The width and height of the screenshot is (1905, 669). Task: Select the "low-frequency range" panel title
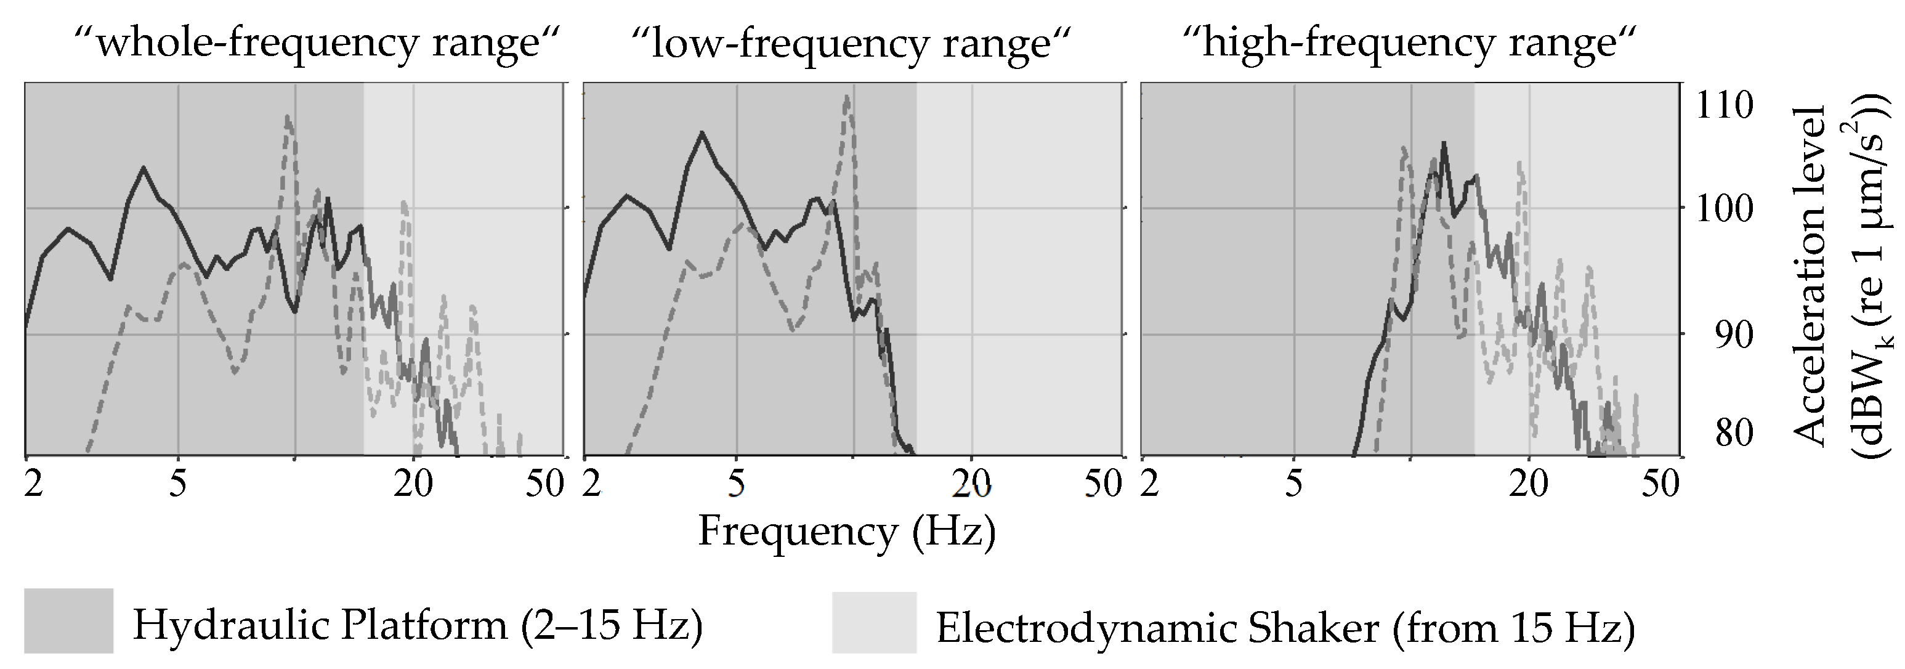(851, 43)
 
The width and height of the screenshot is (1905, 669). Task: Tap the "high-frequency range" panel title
(1409, 43)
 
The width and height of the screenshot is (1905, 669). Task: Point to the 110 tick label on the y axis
(1723, 106)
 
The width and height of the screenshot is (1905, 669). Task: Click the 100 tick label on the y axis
(1723, 209)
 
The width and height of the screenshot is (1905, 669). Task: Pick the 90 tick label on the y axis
(1732, 335)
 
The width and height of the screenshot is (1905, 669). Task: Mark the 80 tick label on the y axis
(1732, 433)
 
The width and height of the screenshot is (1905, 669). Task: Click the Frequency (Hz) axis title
(847, 530)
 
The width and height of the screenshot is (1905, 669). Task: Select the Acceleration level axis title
(1812, 274)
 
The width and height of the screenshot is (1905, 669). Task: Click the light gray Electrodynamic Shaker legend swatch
(874, 622)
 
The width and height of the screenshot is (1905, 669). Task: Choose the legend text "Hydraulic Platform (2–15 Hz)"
(418, 625)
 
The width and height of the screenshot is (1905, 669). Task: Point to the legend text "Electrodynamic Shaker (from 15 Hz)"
(1285, 628)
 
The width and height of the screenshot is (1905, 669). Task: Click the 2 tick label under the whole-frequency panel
(33, 485)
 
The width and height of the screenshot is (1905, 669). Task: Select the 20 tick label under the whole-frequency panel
(413, 485)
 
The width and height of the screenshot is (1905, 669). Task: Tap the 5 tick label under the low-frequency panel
(736, 485)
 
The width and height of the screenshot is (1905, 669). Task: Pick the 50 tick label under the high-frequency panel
(1660, 485)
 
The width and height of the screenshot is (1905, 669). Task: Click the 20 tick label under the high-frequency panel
(1529, 485)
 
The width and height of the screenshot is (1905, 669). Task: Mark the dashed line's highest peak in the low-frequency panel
(847, 96)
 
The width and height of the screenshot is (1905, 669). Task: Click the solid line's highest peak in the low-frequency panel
(701, 132)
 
